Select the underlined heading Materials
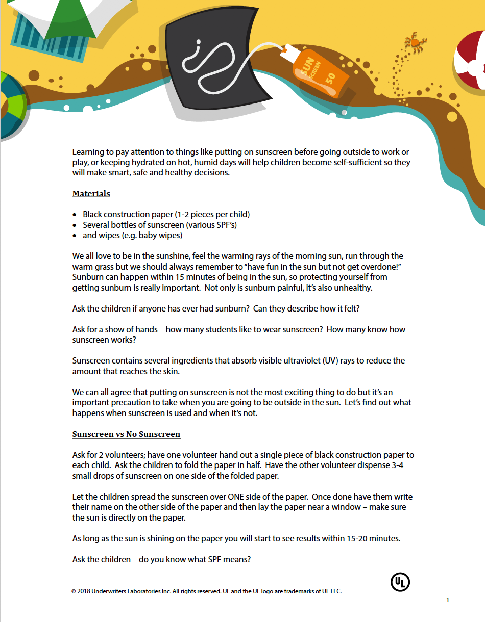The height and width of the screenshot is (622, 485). [x=91, y=194]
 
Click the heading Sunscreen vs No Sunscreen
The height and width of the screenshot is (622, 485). [x=126, y=434]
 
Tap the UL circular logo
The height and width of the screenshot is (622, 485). [x=400, y=582]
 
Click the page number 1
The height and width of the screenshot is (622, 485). [x=448, y=600]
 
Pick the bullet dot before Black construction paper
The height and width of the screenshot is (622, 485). [x=76, y=215]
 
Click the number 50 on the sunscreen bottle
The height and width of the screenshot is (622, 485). [x=330, y=79]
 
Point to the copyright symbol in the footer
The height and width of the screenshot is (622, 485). [x=74, y=591]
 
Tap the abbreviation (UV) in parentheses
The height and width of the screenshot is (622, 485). [x=331, y=360]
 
